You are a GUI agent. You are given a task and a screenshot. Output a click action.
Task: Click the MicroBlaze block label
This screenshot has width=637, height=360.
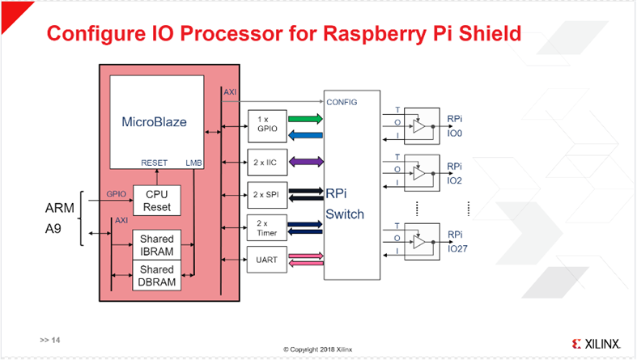[154, 122]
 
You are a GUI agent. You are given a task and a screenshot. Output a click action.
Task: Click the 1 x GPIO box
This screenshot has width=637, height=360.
[264, 122]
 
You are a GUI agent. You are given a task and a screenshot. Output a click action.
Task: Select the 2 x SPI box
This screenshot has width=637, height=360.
[264, 194]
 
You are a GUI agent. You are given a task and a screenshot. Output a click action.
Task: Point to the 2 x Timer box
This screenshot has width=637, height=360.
[264, 228]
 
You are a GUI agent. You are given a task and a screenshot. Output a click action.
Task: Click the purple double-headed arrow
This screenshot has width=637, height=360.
[304, 162]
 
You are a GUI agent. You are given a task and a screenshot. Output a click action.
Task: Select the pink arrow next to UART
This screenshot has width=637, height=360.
[304, 256]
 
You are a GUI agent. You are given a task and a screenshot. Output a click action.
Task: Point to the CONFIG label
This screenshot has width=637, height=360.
[342, 103]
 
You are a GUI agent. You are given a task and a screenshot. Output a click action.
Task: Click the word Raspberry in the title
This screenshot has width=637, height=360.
[363, 34]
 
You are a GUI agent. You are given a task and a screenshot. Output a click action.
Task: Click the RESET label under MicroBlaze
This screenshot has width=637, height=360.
[154, 162]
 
